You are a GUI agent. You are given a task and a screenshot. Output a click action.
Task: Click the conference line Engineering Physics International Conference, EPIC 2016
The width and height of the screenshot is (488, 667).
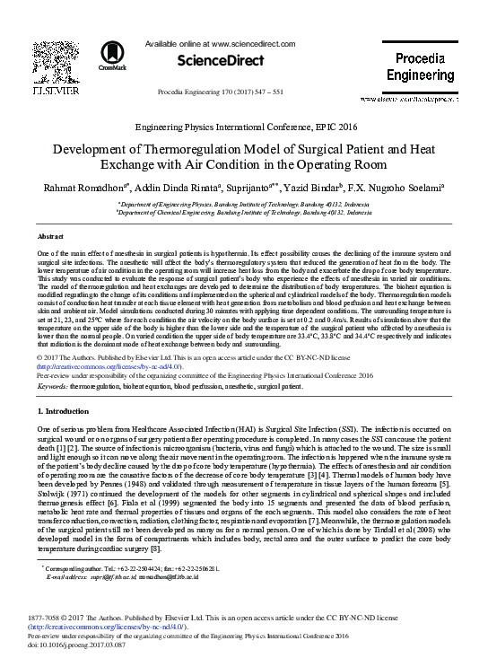pos(244,128)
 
